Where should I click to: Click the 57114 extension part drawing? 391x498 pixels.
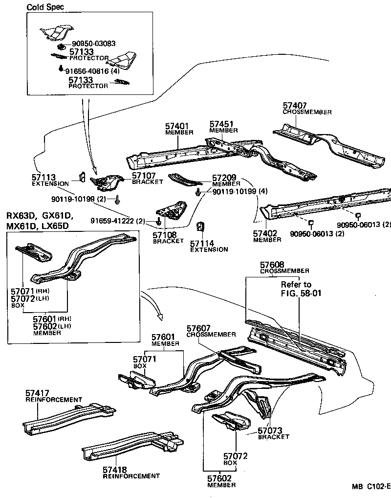click(199, 228)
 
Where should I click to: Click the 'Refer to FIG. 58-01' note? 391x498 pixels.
click(296, 289)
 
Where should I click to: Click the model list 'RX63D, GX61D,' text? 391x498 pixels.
click(39, 216)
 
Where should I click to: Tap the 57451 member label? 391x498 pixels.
click(223, 127)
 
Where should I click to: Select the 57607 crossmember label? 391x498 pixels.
click(210, 331)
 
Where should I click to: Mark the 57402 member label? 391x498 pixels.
click(267, 236)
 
